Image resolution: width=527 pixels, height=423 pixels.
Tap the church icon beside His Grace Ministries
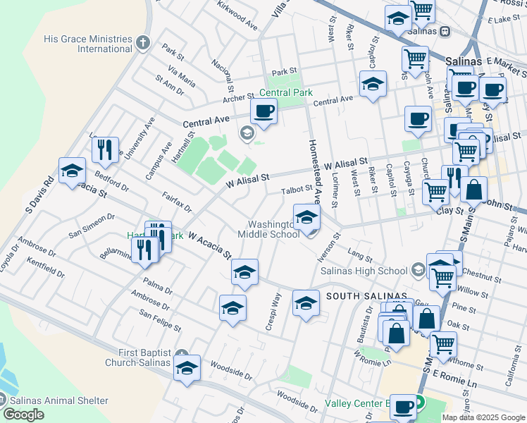tap(143, 42)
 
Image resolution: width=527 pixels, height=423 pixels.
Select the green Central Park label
tap(285, 93)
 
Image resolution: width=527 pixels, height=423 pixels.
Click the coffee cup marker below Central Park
tap(263, 111)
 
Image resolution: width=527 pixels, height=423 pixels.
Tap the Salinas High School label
tap(372, 271)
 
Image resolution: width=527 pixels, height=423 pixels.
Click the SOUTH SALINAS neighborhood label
tap(367, 295)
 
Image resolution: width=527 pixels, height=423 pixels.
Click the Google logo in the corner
tap(23, 415)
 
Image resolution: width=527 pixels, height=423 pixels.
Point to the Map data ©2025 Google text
tap(483, 417)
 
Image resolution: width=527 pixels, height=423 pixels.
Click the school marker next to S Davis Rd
tap(72, 171)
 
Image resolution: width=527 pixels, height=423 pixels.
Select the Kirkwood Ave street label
tap(237, 15)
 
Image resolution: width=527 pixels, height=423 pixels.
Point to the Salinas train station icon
tap(445, 31)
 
